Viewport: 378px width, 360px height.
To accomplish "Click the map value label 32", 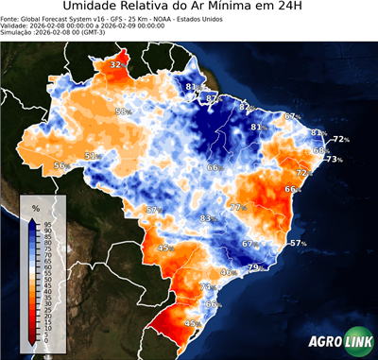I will tap(116, 64).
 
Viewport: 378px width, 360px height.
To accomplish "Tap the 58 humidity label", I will tap(121, 111).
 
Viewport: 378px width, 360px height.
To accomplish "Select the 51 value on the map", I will tap(91, 156).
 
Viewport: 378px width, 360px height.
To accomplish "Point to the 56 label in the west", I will tap(60, 165).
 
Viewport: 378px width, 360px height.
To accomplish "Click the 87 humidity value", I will tap(214, 98).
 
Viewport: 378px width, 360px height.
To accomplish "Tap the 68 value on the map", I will tap(320, 151).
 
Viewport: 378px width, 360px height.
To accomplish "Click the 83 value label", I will tap(206, 218).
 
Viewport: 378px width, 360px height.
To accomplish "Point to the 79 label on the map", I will tap(253, 268).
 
